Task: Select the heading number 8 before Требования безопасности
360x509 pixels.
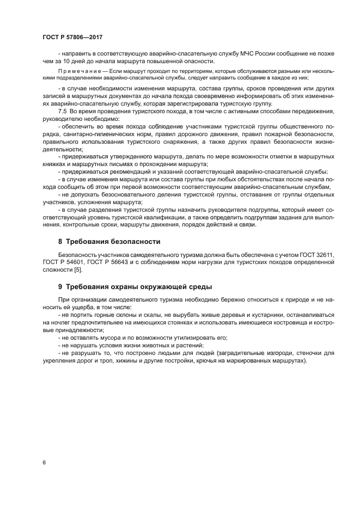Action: (x=60, y=242)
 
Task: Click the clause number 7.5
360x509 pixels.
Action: (x=63, y=111)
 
